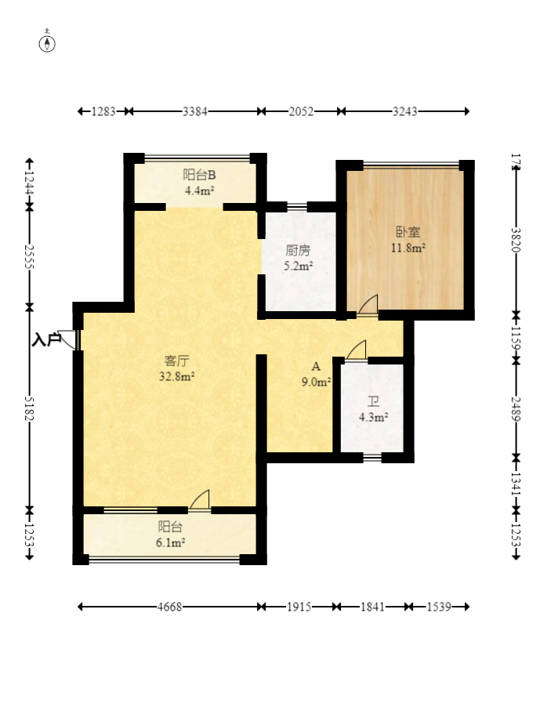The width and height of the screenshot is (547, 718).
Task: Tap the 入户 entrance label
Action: pyautogui.click(x=47, y=339)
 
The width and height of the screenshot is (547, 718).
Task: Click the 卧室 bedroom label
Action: pyautogui.click(x=408, y=232)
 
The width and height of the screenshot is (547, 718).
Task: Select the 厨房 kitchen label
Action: pyautogui.click(x=298, y=250)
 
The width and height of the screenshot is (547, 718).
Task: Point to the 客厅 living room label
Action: pyautogui.click(x=176, y=361)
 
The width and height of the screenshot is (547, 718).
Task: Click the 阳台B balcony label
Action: pyautogui.click(x=199, y=175)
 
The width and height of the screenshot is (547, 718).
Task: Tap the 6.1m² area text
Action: pyautogui.click(x=170, y=542)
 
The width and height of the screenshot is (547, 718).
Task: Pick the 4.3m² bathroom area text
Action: pyautogui.click(x=374, y=417)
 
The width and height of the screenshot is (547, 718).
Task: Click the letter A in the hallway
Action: pyautogui.click(x=316, y=366)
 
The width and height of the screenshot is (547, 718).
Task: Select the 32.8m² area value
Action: pyautogui.click(x=176, y=376)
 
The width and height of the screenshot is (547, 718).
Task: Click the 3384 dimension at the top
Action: pyautogui.click(x=195, y=111)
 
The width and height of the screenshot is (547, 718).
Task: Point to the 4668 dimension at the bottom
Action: pyautogui.click(x=169, y=607)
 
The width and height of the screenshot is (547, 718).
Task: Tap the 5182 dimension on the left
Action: pyautogui.click(x=29, y=408)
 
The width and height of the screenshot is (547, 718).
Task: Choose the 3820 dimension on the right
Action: pyautogui.click(x=516, y=240)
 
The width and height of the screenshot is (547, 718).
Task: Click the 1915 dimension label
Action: pyautogui.click(x=299, y=607)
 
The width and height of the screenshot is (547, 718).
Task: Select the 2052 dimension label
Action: pyautogui.click(x=301, y=111)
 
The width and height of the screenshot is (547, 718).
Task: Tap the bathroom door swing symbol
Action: pyautogui.click(x=357, y=350)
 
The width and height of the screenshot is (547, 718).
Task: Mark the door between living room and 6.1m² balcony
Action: pyautogui.click(x=200, y=500)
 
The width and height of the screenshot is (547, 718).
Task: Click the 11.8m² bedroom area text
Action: pyautogui.click(x=408, y=248)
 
